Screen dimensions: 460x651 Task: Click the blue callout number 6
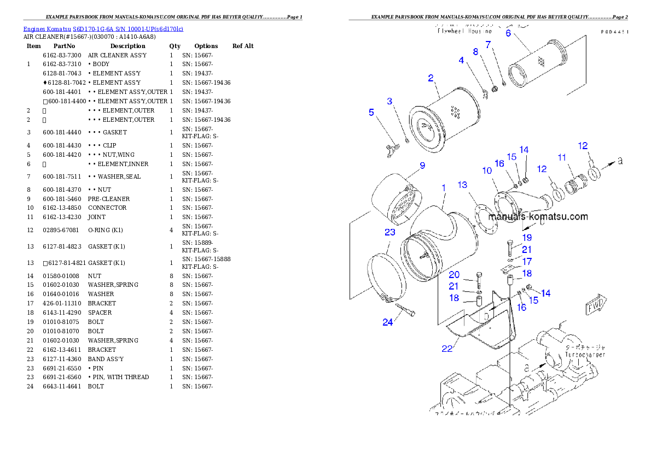508,33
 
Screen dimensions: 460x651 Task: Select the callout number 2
431,78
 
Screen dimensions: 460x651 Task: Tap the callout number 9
422,166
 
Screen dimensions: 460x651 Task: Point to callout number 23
390,232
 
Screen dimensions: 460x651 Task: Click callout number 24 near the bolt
387,322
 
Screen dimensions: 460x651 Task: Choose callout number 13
463,185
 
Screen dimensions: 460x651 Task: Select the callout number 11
562,157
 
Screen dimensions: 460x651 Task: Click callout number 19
527,238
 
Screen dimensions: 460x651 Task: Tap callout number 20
454,275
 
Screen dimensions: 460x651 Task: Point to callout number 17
527,262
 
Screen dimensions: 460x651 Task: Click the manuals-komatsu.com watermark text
538,216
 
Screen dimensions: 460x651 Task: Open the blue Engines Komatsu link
103,28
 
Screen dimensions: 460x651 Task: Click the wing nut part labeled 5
390,151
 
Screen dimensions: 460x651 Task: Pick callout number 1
444,187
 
